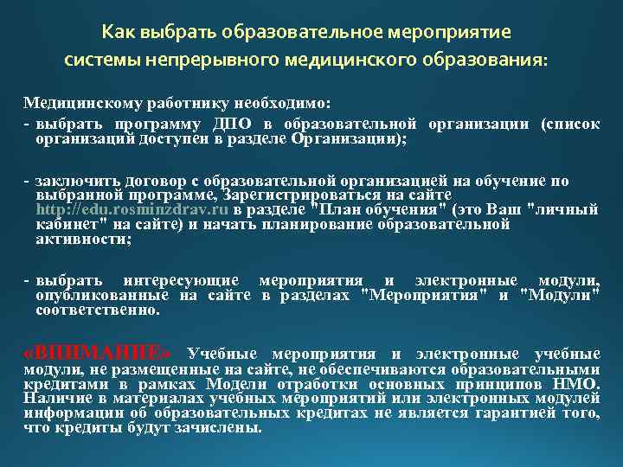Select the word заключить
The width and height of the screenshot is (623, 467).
[74, 181]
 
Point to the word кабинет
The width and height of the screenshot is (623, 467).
[62, 224]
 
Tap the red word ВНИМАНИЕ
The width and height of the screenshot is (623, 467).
[105, 353]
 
